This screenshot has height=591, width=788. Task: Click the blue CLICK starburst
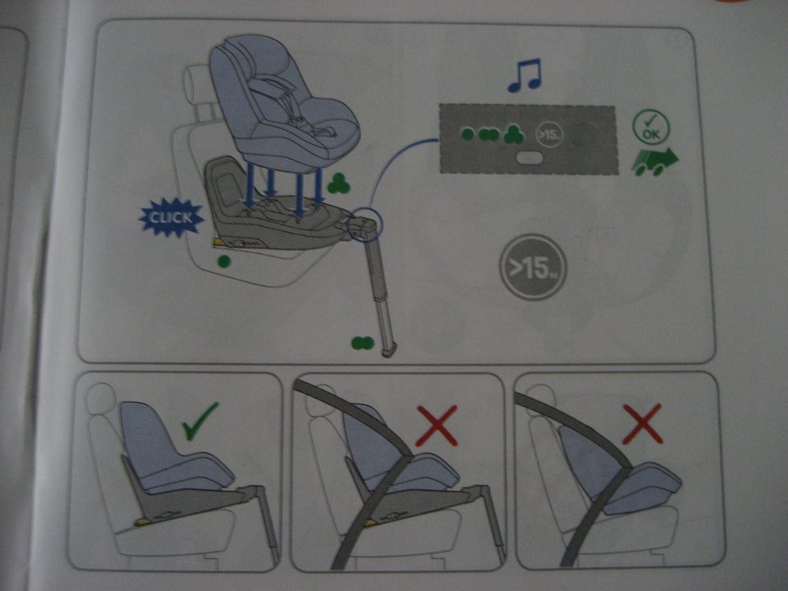tap(171, 217)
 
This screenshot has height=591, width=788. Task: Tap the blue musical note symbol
tap(524, 76)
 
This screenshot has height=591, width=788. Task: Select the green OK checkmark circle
tap(651, 126)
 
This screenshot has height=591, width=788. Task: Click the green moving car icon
tap(654, 161)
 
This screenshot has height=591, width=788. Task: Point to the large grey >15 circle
tap(533, 267)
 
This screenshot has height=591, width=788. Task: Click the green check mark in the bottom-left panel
tap(200, 421)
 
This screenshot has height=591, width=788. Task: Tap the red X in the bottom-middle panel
tap(437, 426)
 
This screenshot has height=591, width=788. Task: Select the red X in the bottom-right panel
tap(642, 424)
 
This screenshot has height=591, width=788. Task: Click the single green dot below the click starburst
tap(224, 261)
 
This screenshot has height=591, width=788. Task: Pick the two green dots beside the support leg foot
tap(362, 344)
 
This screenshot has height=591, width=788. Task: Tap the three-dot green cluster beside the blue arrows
tap(339, 184)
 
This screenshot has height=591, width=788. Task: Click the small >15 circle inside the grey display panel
tap(549, 135)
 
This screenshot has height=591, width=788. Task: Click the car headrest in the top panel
tap(197, 85)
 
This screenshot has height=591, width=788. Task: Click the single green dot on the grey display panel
tap(467, 134)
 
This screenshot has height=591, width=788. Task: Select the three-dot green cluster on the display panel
tap(514, 134)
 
